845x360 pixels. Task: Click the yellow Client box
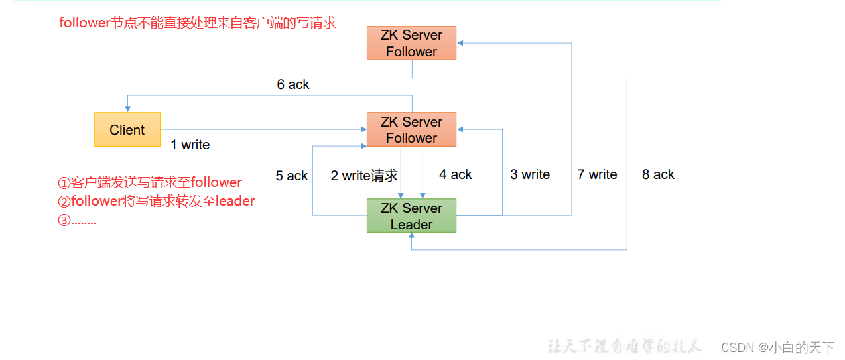[127, 129]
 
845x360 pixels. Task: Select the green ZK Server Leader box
[411, 215]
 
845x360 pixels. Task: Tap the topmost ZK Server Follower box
[411, 43]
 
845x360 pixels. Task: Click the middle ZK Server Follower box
[411, 129]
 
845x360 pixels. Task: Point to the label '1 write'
[190, 145]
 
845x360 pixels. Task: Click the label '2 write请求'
[364, 175]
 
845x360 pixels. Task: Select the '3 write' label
[530, 174]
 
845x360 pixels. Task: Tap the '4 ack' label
[455, 174]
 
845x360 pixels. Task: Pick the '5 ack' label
[292, 176]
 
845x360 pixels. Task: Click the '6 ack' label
[293, 84]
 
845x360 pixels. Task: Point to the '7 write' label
[597, 174]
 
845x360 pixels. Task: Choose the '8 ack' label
[658, 174]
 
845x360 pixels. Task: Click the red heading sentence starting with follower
[198, 23]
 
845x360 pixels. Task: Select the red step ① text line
[150, 182]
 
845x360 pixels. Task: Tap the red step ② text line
[157, 201]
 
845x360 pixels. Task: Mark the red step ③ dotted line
[78, 220]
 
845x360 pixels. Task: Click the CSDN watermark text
[777, 347]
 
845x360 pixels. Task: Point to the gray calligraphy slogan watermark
[624, 346]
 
